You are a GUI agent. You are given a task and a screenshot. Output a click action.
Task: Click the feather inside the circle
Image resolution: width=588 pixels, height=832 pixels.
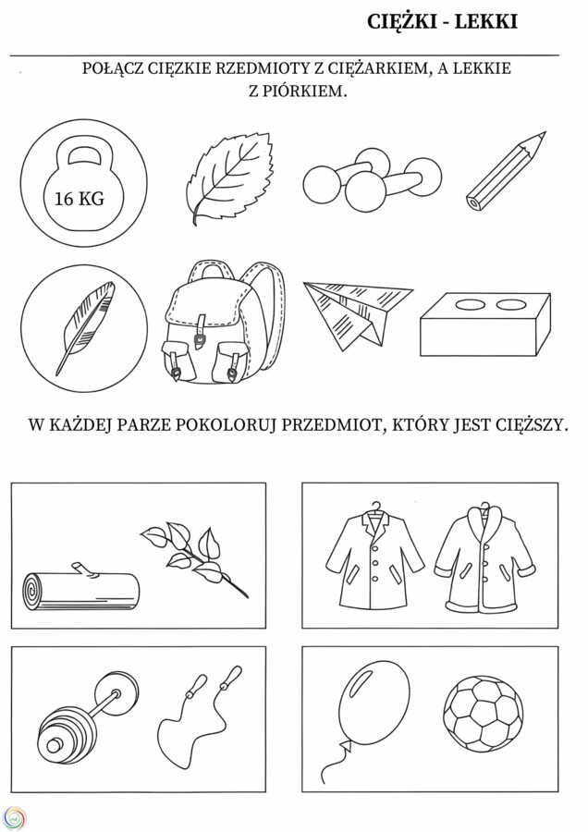(84, 325)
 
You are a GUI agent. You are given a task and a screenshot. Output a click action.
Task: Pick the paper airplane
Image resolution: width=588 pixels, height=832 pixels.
(354, 312)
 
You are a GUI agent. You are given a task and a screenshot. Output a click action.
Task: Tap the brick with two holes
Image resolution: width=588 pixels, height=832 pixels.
(484, 324)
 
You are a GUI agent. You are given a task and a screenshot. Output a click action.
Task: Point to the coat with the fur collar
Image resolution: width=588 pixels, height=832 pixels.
(484, 557)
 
